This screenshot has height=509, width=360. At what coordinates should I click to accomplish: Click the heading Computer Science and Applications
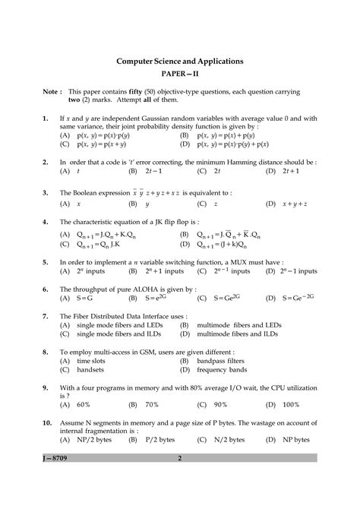pos(179,60)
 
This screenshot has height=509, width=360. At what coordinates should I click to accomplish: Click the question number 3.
pos(46,193)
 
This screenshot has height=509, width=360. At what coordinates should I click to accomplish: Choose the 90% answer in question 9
pos(221,404)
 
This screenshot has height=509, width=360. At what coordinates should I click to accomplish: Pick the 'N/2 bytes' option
pos(228,439)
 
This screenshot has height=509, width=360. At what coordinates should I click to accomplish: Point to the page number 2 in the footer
pos(179,458)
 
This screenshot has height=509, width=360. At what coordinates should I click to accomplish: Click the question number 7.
pos(46,316)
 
